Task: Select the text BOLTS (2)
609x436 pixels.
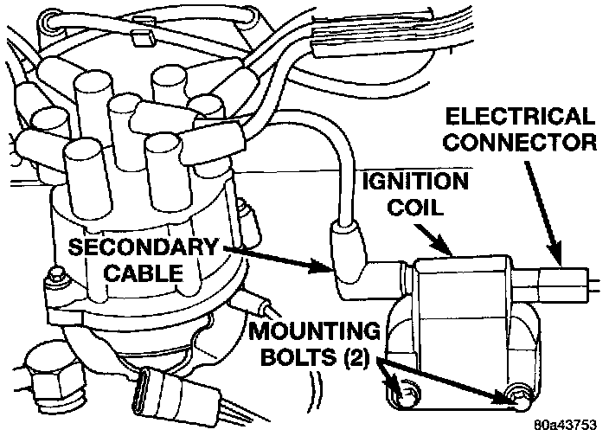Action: [x=319, y=355]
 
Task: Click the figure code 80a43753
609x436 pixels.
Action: [x=567, y=425]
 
